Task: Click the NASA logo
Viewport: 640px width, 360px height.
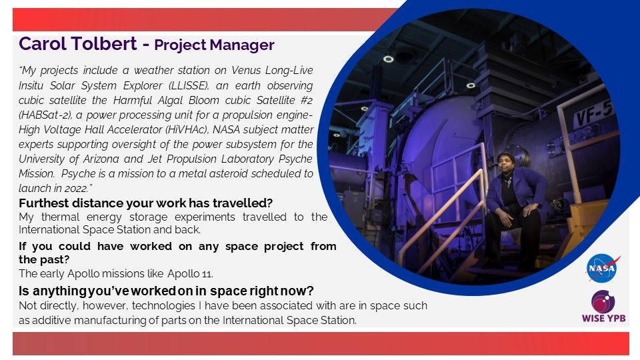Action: pyautogui.click(x=603, y=268)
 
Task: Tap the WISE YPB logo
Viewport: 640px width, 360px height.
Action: pyautogui.click(x=604, y=306)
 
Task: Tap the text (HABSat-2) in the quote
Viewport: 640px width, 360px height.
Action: pyautogui.click(x=45, y=115)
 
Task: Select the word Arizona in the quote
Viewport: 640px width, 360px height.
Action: pyautogui.click(x=99, y=159)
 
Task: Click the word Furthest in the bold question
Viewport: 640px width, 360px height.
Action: pyautogui.click(x=44, y=203)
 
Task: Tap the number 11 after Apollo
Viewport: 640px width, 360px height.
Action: pyautogui.click(x=207, y=273)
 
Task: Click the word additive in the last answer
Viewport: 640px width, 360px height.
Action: pyautogui.click(x=51, y=320)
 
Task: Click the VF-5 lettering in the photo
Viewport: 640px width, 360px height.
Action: pyautogui.click(x=595, y=113)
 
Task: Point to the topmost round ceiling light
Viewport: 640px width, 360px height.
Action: pyautogui.click(x=388, y=59)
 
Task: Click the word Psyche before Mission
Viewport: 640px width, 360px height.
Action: pyautogui.click(x=295, y=159)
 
